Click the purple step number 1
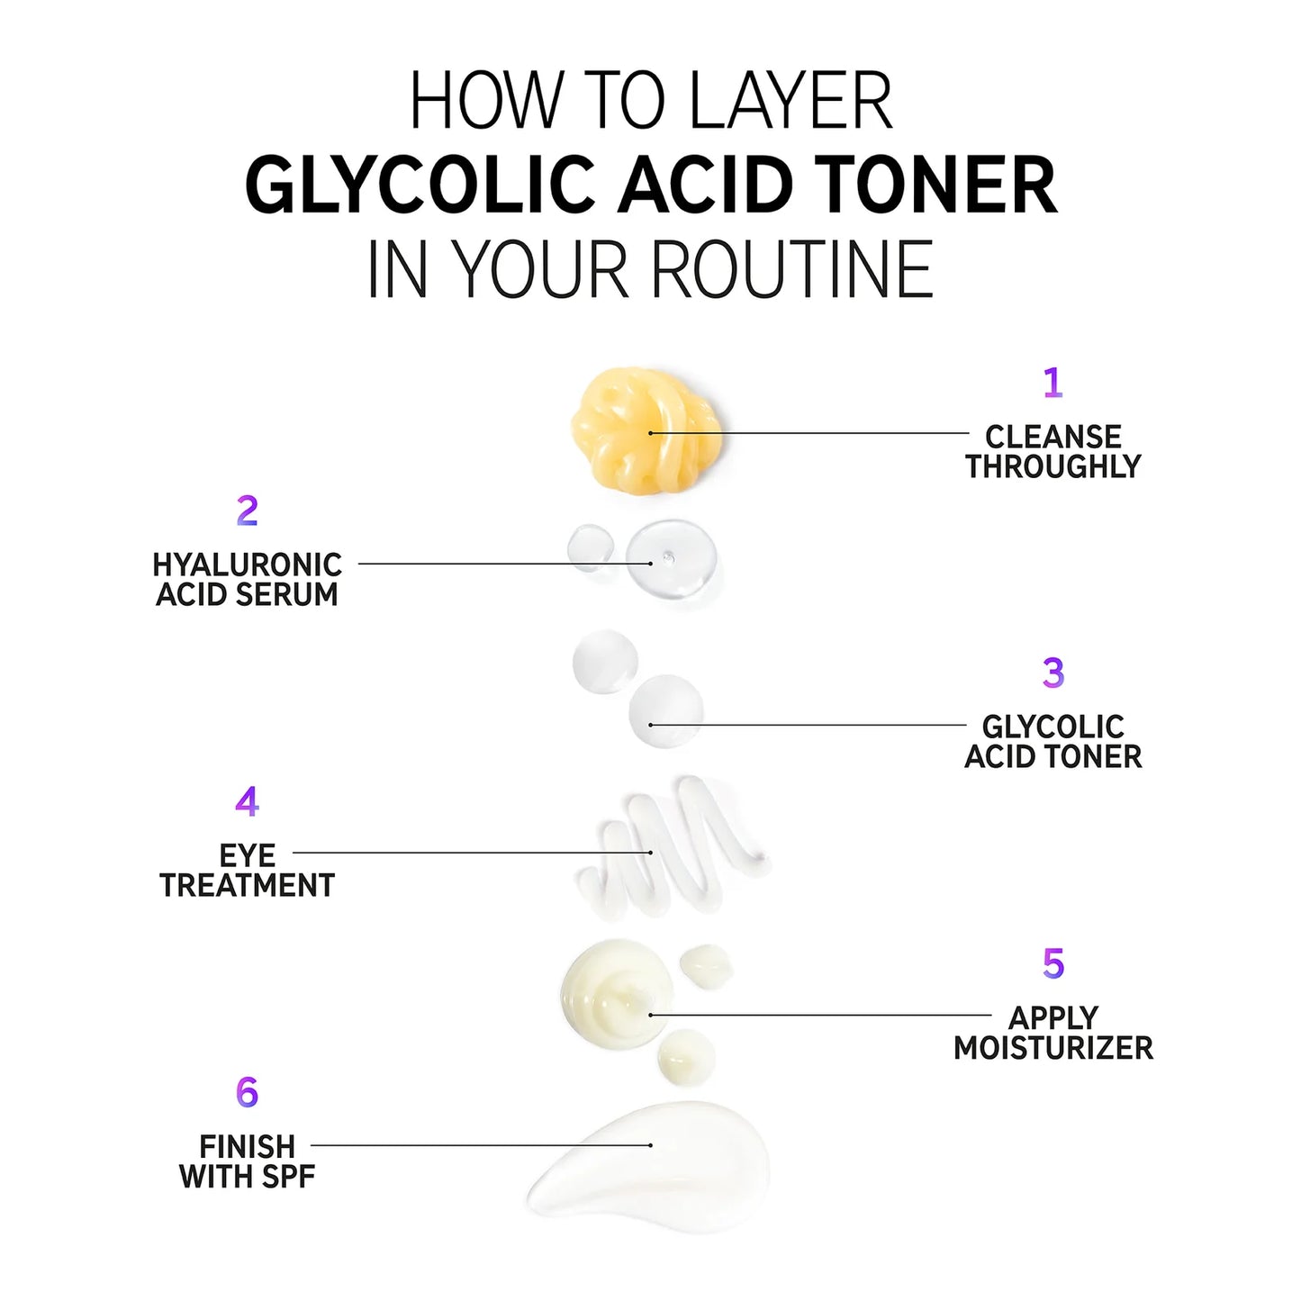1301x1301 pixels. pyautogui.click(x=1053, y=383)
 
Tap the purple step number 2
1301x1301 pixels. pyautogui.click(x=247, y=511)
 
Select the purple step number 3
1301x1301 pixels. pyautogui.click(x=1053, y=673)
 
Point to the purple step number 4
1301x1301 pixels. pyautogui.click(x=247, y=801)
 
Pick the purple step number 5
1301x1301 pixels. pyautogui.click(x=1053, y=963)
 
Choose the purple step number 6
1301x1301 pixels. pyautogui.click(x=247, y=1092)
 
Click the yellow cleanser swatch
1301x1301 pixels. pyautogui.click(x=646, y=430)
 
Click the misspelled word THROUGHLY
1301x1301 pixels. pyautogui.click(x=1053, y=466)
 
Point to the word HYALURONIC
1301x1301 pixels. pyautogui.click(x=247, y=565)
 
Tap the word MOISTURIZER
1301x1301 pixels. pyautogui.click(x=1053, y=1048)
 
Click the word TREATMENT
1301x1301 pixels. pyautogui.click(x=247, y=885)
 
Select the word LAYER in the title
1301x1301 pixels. pyautogui.click(x=791, y=101)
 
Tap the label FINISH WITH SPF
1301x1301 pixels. pyautogui.click(x=247, y=1161)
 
